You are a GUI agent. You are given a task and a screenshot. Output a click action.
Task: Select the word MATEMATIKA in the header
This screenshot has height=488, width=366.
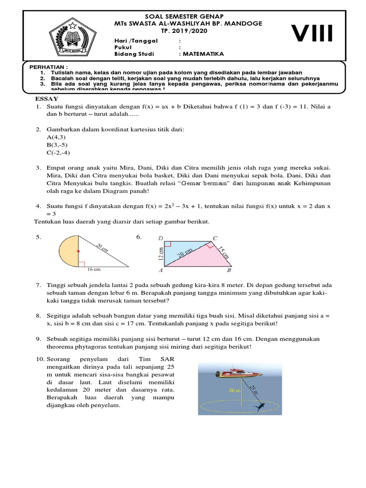[203, 54]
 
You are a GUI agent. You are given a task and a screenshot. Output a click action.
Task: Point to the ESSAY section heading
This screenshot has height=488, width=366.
[46, 98]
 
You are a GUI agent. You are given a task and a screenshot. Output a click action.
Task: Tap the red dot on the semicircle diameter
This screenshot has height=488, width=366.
[78, 250]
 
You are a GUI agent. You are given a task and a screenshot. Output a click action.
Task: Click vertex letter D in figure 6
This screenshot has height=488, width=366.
[161, 238]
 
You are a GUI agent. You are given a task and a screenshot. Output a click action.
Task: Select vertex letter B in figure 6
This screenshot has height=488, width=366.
[229, 271]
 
